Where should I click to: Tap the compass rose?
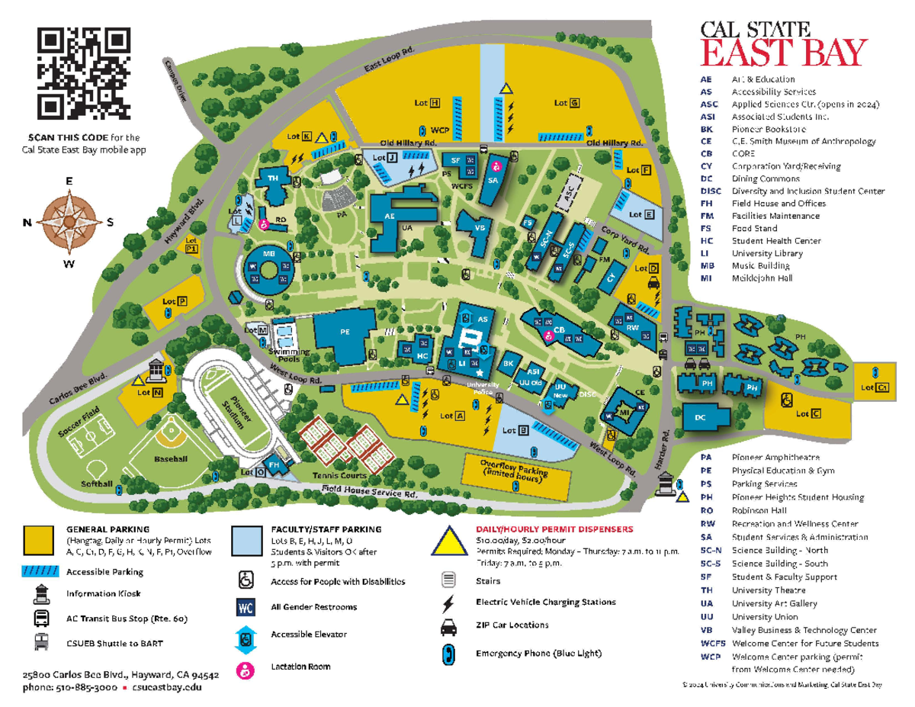[69, 222]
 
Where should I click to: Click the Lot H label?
[427, 102]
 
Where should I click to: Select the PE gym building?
[345, 333]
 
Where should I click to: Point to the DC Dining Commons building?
[701, 418]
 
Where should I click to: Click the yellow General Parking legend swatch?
[38, 540]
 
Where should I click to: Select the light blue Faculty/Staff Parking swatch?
[246, 540]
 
